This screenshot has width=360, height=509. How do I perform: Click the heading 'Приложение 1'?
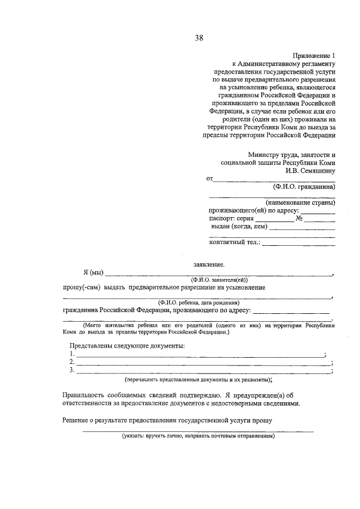click(x=313, y=56)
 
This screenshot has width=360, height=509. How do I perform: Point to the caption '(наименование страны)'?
click(x=300, y=202)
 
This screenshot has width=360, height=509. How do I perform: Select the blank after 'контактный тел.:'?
click(x=299, y=244)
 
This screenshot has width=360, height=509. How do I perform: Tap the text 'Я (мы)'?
click(x=92, y=273)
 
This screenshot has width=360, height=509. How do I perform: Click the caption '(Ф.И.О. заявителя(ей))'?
click(x=219, y=280)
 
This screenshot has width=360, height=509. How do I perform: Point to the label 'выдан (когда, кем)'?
click(x=238, y=227)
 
